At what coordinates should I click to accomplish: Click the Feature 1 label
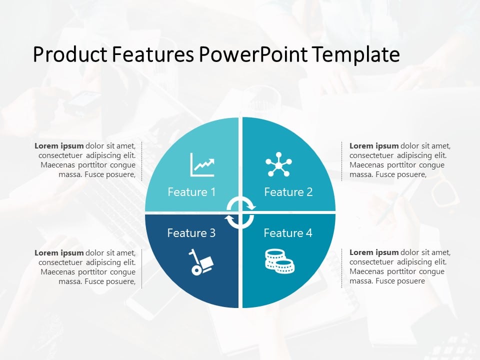191,192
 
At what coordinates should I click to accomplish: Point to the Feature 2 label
288,192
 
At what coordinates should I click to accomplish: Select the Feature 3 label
191,233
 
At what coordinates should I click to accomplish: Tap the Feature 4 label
287,233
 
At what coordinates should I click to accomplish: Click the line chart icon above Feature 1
202,164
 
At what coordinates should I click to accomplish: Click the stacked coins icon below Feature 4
279,261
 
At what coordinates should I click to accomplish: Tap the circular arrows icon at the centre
240,212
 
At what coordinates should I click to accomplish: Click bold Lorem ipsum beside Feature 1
59,146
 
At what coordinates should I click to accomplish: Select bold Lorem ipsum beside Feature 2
374,146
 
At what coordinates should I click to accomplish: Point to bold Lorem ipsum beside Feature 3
59,252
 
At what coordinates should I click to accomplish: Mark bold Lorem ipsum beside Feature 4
374,252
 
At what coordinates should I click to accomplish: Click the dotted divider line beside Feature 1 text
142,161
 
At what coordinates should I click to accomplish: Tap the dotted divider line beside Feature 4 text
342,267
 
